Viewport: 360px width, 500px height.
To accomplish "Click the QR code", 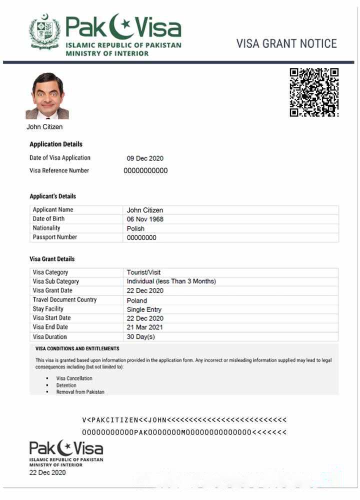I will [x=314, y=92].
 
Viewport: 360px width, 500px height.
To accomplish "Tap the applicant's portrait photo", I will [x=47, y=96].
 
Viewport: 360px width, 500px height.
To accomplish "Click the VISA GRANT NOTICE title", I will [x=286, y=43].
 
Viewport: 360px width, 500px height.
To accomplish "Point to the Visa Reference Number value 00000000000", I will [x=145, y=170].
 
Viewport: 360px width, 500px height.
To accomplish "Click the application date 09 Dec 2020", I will [x=145, y=158].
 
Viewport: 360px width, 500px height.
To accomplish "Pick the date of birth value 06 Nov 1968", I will [x=145, y=219].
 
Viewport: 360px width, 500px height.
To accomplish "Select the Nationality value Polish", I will [x=135, y=228].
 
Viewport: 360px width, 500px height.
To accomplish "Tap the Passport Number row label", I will [x=55, y=237].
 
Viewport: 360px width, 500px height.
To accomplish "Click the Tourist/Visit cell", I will [x=144, y=272].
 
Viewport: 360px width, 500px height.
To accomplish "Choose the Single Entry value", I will [x=144, y=309].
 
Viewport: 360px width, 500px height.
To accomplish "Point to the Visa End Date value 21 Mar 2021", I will [x=145, y=327].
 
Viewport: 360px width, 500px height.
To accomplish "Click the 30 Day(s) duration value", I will [x=141, y=337].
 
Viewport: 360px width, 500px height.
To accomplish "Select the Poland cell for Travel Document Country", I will [x=137, y=300].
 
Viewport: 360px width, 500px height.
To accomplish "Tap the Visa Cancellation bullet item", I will [x=74, y=378].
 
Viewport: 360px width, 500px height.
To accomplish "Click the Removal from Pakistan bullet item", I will [x=80, y=392].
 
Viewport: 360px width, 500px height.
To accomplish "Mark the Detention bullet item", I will [x=66, y=385].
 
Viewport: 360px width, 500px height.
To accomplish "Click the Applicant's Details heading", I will [x=52, y=196].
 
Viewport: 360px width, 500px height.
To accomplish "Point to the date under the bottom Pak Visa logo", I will [x=47, y=472].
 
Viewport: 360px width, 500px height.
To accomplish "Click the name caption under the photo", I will [x=44, y=127].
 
